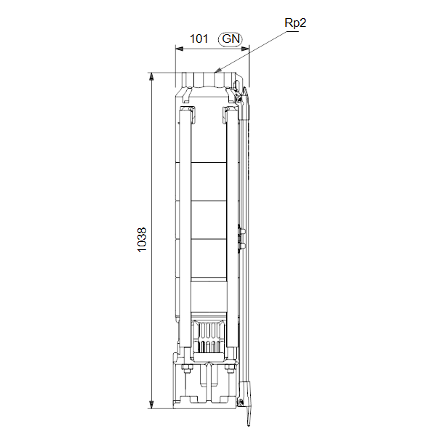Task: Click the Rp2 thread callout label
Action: click(295, 23)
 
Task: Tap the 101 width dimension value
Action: click(199, 39)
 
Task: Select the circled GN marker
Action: click(231, 39)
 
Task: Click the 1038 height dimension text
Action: click(142, 240)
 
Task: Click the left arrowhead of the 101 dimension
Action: click(180, 49)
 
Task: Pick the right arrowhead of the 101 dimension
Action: click(245, 49)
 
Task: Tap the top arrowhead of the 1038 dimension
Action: click(151, 77)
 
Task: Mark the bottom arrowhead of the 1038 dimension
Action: click(151, 405)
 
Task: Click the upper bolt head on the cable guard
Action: click(242, 231)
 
